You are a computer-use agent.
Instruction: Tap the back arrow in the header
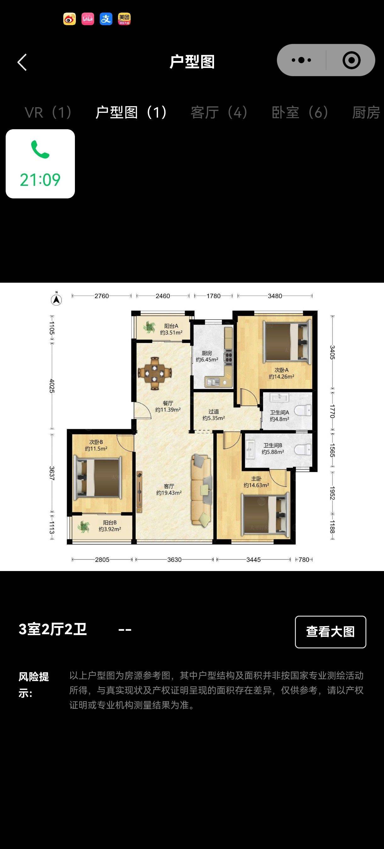pyautogui.click(x=22, y=62)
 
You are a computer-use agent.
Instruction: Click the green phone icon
pyautogui.click(x=40, y=149)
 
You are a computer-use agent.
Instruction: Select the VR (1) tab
pyautogui.click(x=48, y=112)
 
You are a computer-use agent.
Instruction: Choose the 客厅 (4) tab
pyautogui.click(x=219, y=112)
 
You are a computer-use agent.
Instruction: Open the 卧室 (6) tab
pyautogui.click(x=300, y=112)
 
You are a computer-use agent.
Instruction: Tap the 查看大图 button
pyautogui.click(x=330, y=632)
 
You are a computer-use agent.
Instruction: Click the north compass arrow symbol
pyautogui.click(x=56, y=299)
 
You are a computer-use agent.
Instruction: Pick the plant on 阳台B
pyautogui.click(x=84, y=526)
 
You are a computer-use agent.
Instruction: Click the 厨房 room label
pyautogui.click(x=207, y=353)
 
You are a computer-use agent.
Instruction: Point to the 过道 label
pyautogui.click(x=213, y=411)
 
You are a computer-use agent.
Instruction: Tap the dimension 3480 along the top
pyautogui.click(x=275, y=296)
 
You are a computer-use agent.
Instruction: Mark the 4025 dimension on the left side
pyautogui.click(x=52, y=386)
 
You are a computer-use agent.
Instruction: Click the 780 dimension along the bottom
pyautogui.click(x=304, y=560)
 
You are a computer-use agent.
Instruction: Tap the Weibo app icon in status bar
pyautogui.click(x=70, y=19)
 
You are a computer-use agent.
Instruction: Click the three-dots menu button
pyautogui.click(x=301, y=60)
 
